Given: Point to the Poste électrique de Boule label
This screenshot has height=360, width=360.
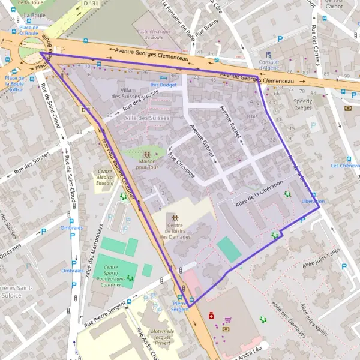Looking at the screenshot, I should pos(154,34).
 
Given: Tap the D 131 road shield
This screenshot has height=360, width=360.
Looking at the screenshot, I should pos(91,4).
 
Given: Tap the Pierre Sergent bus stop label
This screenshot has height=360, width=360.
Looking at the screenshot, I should pos(181,306).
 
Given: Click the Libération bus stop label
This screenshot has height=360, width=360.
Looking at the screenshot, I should pos(313,201).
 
